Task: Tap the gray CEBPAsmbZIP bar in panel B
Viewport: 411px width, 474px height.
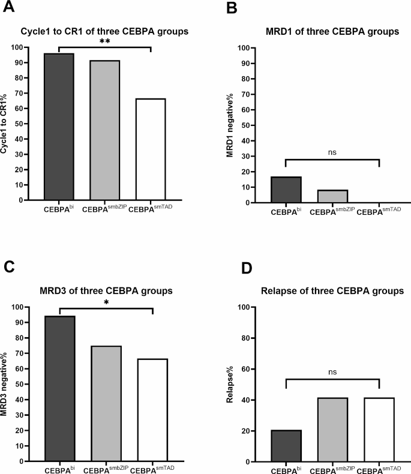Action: coord(332,196)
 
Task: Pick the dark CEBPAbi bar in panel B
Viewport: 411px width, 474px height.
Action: coord(286,190)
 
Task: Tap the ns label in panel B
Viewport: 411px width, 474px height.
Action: coord(333,153)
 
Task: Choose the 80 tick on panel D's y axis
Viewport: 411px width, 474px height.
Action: coord(255,338)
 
